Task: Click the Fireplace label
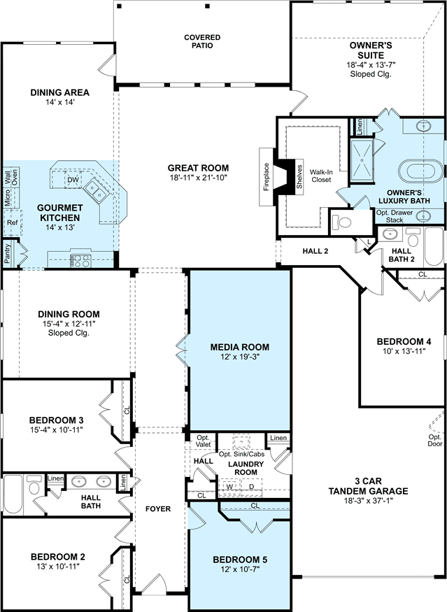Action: click(x=267, y=177)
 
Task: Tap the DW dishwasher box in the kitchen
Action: click(x=73, y=180)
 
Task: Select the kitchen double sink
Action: click(x=96, y=190)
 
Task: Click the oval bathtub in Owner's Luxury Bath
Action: click(x=421, y=171)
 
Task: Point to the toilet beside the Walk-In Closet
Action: click(x=341, y=222)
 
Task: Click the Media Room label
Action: click(x=240, y=347)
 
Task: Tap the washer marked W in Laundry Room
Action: click(x=229, y=487)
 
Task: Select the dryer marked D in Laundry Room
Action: click(x=251, y=487)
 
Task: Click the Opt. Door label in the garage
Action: click(x=435, y=440)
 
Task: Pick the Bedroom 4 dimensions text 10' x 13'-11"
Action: click(x=404, y=350)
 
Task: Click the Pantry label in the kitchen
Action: click(x=8, y=253)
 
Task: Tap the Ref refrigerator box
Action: click(x=13, y=223)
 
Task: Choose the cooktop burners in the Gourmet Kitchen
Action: click(x=80, y=261)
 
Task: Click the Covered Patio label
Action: click(x=202, y=41)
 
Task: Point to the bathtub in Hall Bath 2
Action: click(x=434, y=246)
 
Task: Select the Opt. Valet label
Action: click(x=203, y=441)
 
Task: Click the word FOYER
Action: click(x=157, y=509)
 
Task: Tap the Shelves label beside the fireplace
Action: click(x=299, y=177)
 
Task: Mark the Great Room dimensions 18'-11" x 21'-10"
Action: click(x=198, y=178)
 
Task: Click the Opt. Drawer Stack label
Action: click(x=395, y=216)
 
